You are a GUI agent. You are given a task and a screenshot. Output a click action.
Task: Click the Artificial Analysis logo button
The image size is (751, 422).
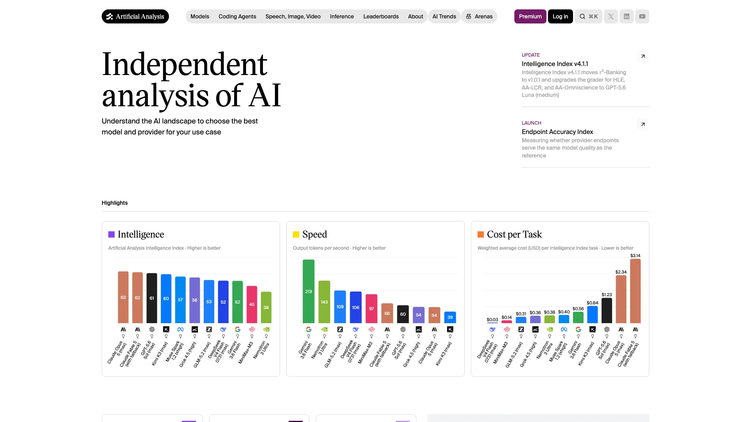(x=135, y=16)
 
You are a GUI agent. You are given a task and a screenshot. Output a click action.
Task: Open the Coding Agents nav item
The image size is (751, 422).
(x=237, y=16)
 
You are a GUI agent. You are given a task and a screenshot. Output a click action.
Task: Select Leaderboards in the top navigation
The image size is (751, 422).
(x=381, y=16)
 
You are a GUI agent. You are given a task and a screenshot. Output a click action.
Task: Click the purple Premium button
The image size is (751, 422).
(x=530, y=16)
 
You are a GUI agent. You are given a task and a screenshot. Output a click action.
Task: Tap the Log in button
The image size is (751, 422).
(x=560, y=16)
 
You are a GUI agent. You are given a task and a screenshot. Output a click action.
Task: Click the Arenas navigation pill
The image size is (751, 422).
(x=479, y=16)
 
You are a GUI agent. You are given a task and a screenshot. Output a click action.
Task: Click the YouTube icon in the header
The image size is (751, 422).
(x=642, y=16)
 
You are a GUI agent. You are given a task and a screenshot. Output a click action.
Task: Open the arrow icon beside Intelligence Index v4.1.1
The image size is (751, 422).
(x=643, y=56)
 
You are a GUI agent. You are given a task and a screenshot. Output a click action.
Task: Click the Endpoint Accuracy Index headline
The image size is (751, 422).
(x=557, y=132)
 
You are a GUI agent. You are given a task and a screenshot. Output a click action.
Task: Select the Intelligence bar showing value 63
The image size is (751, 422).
(x=123, y=297)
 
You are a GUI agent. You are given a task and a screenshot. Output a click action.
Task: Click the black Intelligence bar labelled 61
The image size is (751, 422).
(x=152, y=298)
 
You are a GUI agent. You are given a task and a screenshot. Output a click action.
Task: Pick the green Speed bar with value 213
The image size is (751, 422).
(x=309, y=291)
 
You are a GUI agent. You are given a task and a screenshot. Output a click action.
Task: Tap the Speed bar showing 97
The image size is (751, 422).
(x=372, y=309)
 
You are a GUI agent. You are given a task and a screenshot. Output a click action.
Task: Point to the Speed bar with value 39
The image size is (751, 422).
(x=450, y=317)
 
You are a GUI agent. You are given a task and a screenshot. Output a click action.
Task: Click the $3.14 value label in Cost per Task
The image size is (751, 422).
(x=635, y=256)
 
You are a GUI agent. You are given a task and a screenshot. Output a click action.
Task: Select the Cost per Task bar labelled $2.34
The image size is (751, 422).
(x=621, y=299)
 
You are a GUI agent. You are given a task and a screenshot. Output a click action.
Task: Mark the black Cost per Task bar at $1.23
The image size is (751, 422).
(x=607, y=311)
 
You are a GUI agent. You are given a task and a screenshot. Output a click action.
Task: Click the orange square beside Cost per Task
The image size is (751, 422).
(x=481, y=234)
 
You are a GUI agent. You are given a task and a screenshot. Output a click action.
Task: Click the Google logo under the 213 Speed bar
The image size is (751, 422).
(x=309, y=329)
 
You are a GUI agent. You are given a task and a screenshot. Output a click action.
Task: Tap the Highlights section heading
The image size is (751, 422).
(x=115, y=203)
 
